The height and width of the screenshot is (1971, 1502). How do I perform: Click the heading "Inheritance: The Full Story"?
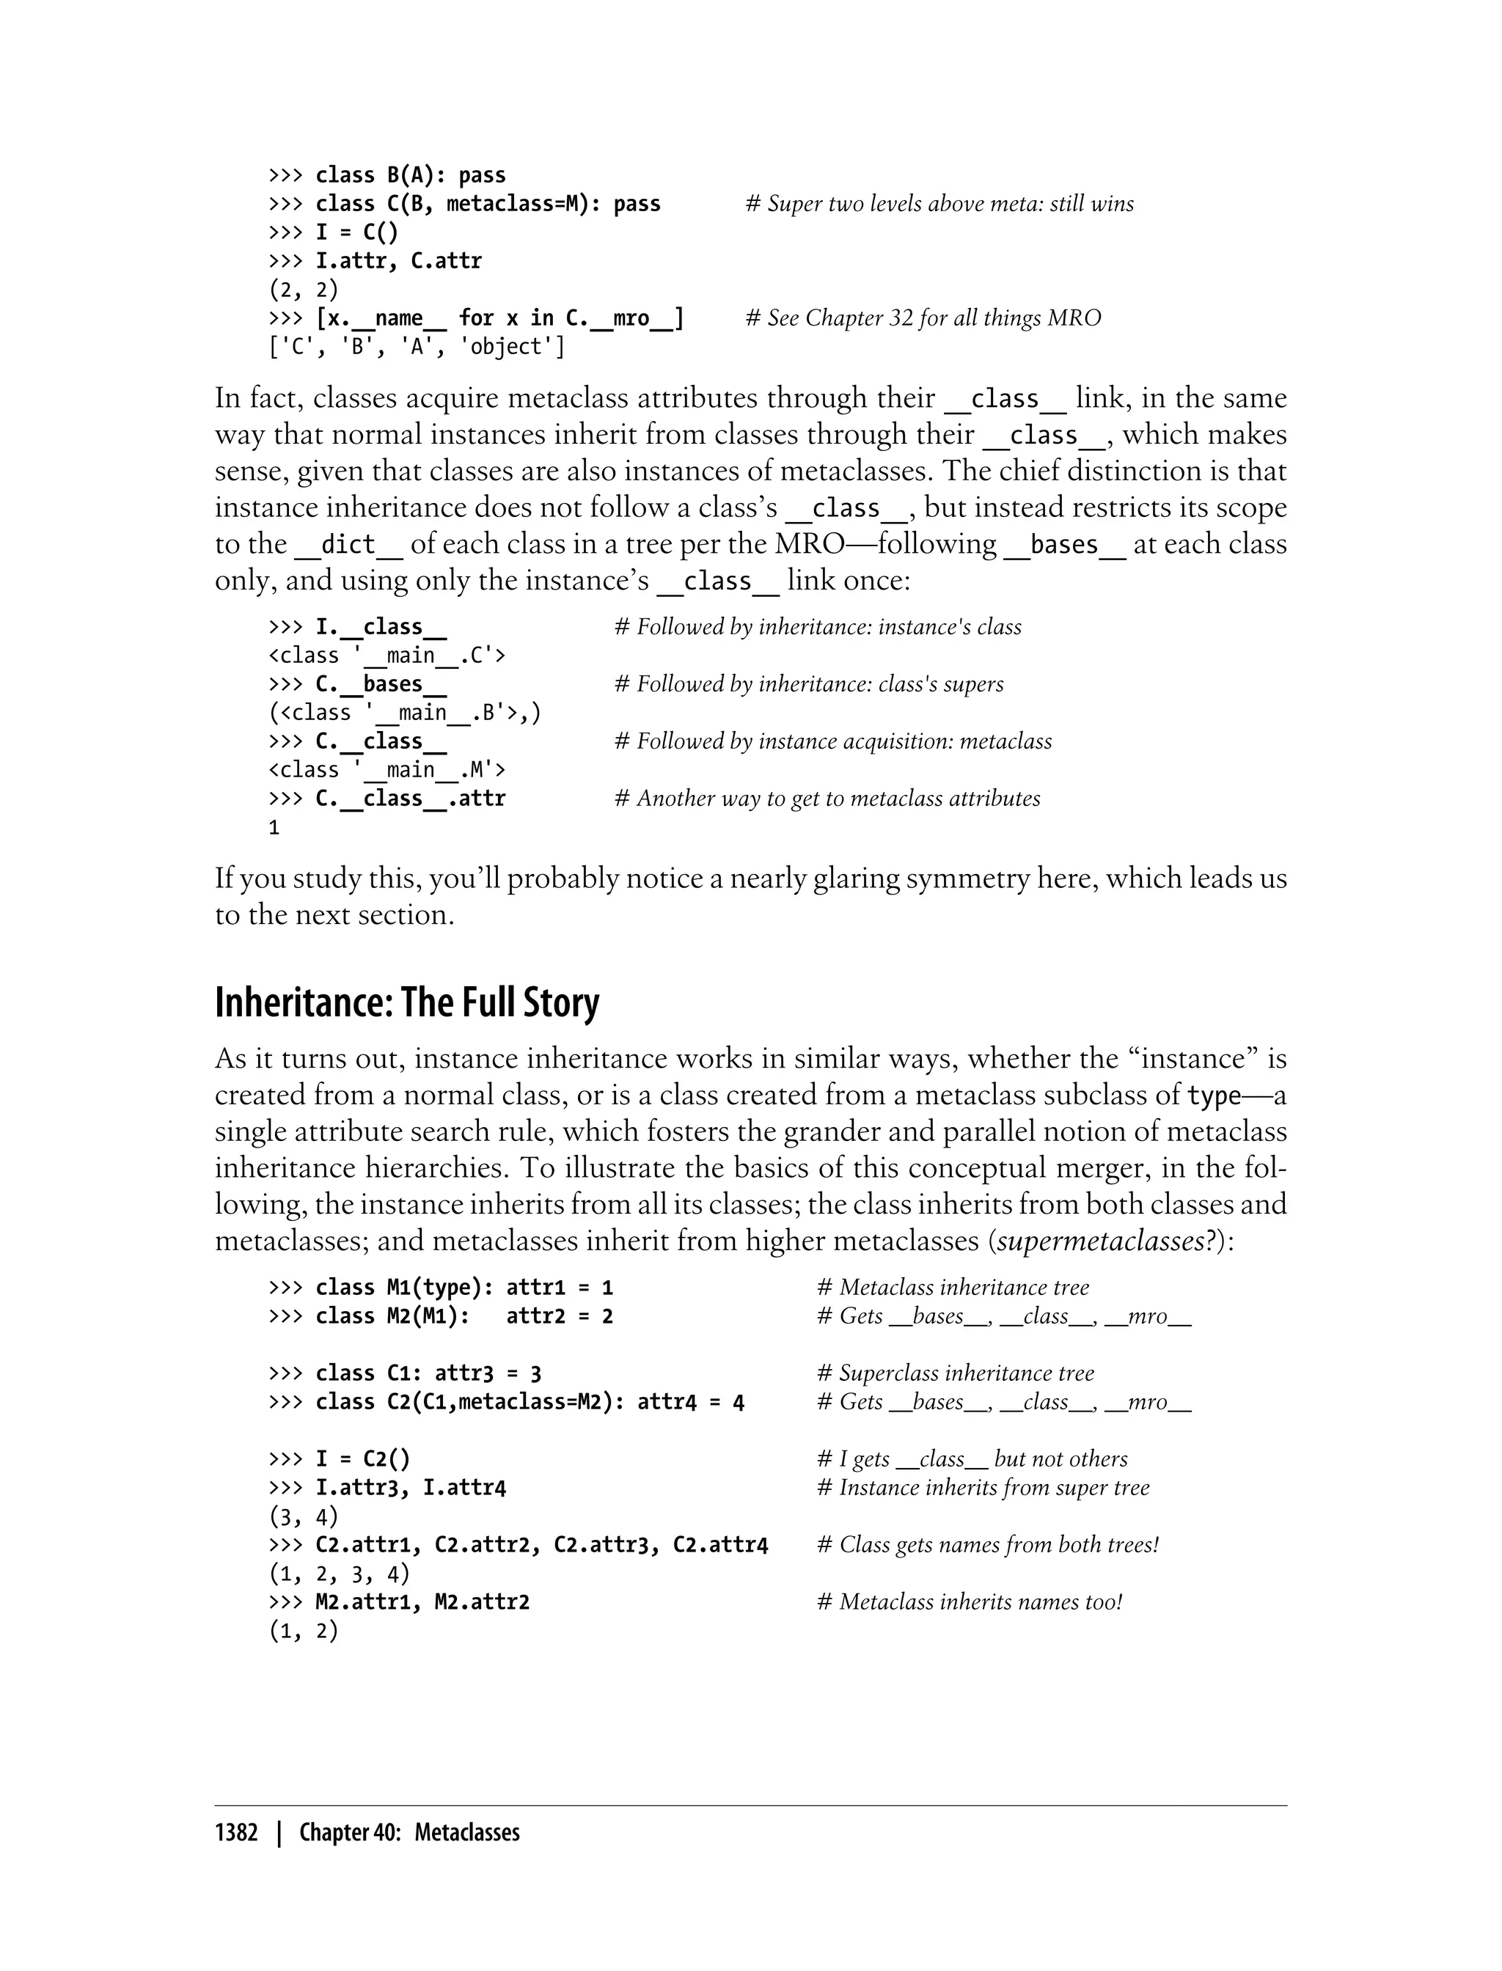coord(407,1003)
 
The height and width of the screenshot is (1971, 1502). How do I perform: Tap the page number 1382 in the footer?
coord(236,1833)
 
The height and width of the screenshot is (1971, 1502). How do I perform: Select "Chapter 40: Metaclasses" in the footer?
coord(409,1833)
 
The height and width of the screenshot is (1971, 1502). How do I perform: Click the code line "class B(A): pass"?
coord(411,175)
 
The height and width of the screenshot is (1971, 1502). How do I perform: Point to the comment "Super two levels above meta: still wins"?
coord(939,204)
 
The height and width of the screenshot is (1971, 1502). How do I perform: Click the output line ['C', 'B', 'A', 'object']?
coord(417,347)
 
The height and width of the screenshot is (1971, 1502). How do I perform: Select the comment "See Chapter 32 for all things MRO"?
coord(923,318)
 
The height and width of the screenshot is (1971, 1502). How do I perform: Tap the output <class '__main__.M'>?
coord(387,770)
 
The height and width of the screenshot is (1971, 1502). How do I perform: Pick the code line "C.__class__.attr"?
coord(411,799)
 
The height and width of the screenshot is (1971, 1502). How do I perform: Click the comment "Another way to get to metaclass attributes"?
coord(828,799)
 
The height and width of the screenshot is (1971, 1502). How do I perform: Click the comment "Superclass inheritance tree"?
coord(955,1374)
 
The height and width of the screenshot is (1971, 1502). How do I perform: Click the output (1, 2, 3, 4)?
coord(339,1574)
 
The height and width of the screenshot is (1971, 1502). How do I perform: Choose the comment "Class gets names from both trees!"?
coord(988,1546)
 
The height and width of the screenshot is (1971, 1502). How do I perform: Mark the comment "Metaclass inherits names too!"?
coord(969,1603)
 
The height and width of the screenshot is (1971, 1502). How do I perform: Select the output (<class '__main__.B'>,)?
coord(405,713)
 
